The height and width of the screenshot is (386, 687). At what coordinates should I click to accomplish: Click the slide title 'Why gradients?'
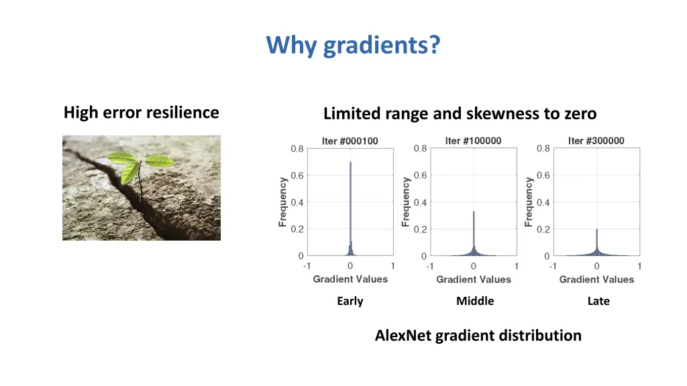pyautogui.click(x=354, y=46)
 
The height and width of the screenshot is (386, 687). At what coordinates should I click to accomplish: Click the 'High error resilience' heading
pyautogui.click(x=141, y=113)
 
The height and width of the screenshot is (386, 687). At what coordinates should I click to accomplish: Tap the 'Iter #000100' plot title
pyautogui.click(x=350, y=141)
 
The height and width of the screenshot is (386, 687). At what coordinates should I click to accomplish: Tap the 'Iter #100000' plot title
pyautogui.click(x=473, y=141)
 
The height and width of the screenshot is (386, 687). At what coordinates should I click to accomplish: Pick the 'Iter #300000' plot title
pyautogui.click(x=596, y=141)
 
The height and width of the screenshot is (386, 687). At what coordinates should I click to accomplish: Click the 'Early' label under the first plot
pyautogui.click(x=350, y=301)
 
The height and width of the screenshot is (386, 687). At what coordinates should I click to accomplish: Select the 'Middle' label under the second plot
pyautogui.click(x=474, y=301)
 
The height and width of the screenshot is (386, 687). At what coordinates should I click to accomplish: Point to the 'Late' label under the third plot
pyautogui.click(x=598, y=301)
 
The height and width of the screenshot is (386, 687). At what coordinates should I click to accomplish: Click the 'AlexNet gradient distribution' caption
pyautogui.click(x=478, y=335)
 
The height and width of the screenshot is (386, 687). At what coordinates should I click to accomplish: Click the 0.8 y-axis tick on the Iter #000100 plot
pyautogui.click(x=297, y=149)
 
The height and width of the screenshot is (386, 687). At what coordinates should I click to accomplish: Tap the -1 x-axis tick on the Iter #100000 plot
pyautogui.click(x=429, y=266)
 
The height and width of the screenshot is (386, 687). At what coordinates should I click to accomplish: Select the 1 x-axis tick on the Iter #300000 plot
pyautogui.click(x=639, y=266)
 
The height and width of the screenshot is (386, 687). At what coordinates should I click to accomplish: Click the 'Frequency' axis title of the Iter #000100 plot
pyautogui.click(x=283, y=202)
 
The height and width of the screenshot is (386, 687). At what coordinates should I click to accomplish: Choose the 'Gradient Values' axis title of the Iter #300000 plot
pyautogui.click(x=596, y=279)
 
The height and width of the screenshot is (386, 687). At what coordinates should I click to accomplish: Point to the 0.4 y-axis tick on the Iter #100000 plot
pyautogui.click(x=419, y=202)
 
